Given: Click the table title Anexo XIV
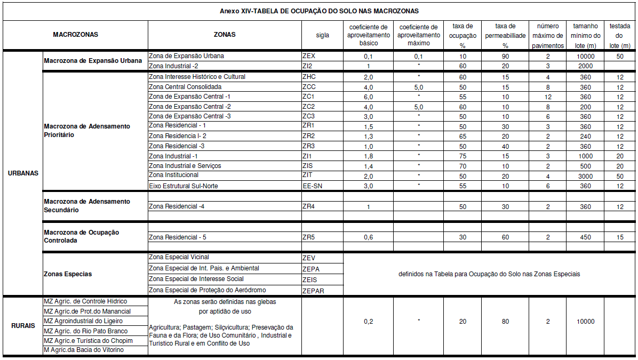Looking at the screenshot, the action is tap(319, 11).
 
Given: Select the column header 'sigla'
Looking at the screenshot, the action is tap(322, 35).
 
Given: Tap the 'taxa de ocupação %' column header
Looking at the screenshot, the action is tap(462, 36).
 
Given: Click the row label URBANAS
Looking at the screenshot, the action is tap(22, 173).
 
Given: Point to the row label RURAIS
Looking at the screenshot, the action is tap(22, 326).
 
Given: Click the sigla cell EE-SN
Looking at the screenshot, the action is tap(312, 186).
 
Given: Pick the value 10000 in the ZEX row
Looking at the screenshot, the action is tap(585, 56).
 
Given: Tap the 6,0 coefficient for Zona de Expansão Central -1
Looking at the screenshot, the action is tap(368, 97).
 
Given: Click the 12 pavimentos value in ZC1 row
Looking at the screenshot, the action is tap(547, 97).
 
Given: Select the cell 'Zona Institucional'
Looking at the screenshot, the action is tap(174, 175).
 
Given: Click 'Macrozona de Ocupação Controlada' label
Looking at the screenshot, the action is tap(82, 236).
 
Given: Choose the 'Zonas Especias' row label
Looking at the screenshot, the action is tap(68, 274).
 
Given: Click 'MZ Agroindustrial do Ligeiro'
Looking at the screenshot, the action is tap(83, 321).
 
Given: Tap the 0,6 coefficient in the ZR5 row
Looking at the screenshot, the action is tap(368, 237).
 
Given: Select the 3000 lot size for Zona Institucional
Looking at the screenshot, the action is tap(585, 176).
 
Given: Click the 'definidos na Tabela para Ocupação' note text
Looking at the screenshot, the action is tap(489, 274).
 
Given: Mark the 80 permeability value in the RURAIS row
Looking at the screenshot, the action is tap(505, 322).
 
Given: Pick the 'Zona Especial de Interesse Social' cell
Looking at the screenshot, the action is tap(196, 279).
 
